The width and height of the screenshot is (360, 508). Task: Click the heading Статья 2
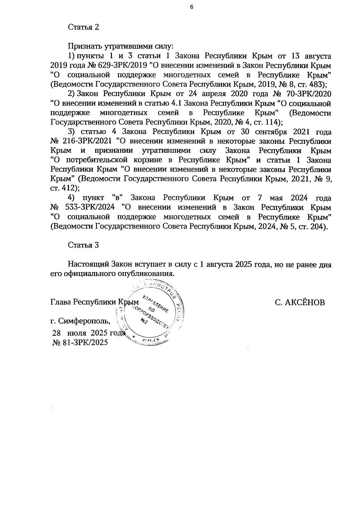point(83,27)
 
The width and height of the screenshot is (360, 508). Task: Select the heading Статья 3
point(83,245)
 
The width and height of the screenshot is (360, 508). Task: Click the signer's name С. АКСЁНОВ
point(300,302)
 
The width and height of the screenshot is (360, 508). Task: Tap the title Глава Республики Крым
point(94,302)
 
